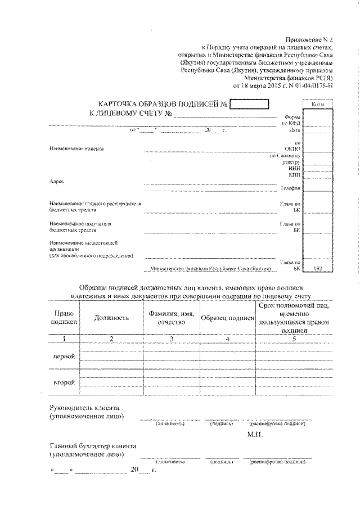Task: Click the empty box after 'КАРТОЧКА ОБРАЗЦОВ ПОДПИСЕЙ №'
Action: tap(249, 104)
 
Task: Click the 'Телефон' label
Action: tap(291, 188)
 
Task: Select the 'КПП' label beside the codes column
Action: tap(295, 175)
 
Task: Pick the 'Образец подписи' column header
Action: tap(227, 318)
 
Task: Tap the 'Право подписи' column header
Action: tap(63, 318)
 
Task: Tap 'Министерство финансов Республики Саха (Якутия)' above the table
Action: tap(210, 269)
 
